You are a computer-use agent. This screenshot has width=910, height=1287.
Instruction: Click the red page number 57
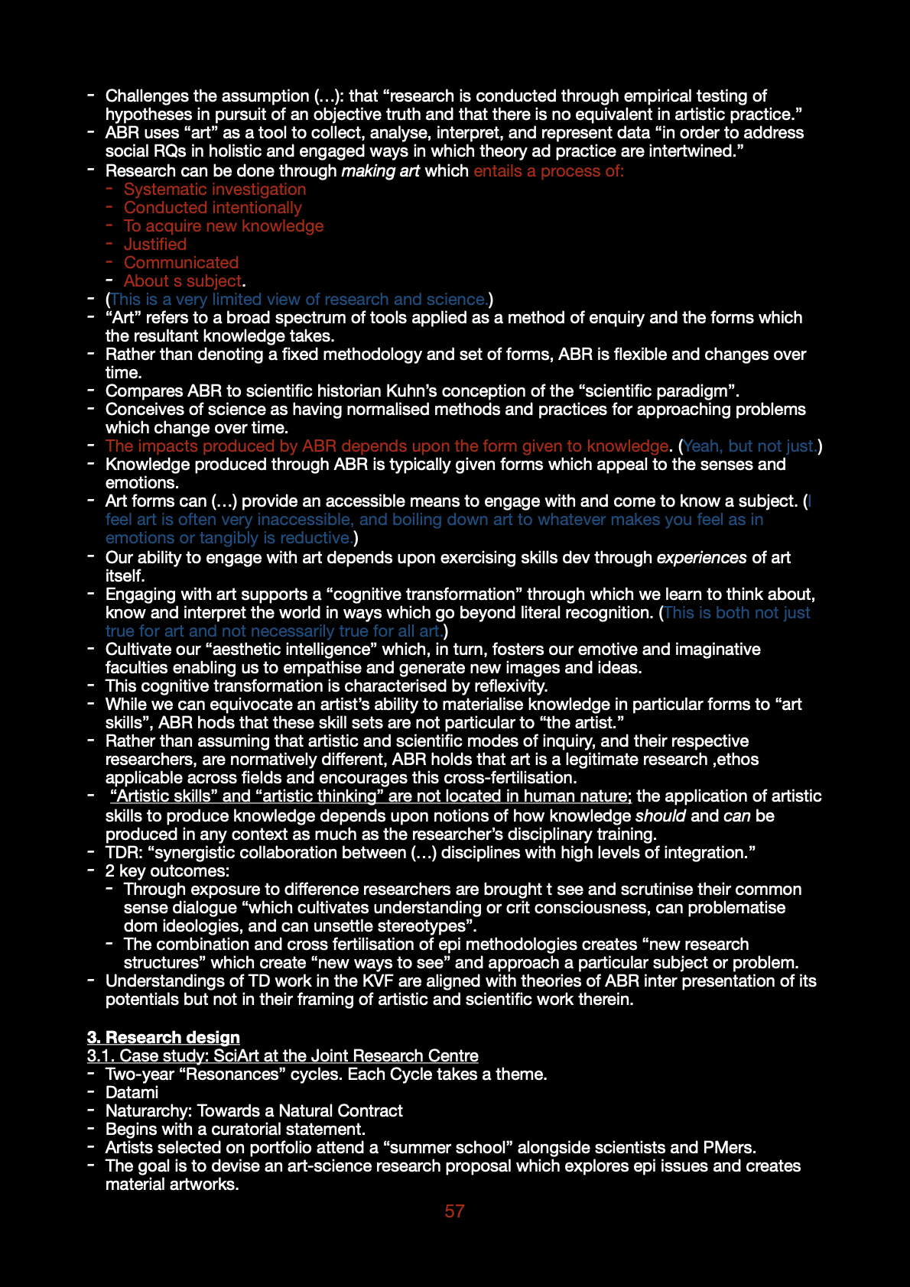pos(454,1211)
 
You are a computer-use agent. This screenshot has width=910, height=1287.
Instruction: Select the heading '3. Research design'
pos(163,1037)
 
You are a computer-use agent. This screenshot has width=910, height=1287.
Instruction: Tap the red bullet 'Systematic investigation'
pos(214,189)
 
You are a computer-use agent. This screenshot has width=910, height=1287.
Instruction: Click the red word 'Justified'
pos(155,244)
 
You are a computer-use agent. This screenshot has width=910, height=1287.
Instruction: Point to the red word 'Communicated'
pos(181,262)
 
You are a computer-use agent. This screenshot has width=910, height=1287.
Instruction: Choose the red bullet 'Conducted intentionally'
pos(213,207)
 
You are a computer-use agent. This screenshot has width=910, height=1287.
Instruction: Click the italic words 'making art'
pos(380,170)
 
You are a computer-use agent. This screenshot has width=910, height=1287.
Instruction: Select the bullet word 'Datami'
pos(132,1092)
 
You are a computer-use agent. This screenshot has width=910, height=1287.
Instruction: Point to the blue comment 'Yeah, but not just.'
pos(749,446)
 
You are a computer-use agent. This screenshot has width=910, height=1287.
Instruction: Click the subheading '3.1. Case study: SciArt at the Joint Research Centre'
pos(282,1055)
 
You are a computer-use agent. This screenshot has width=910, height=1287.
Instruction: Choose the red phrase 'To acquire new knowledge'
pos(223,225)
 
